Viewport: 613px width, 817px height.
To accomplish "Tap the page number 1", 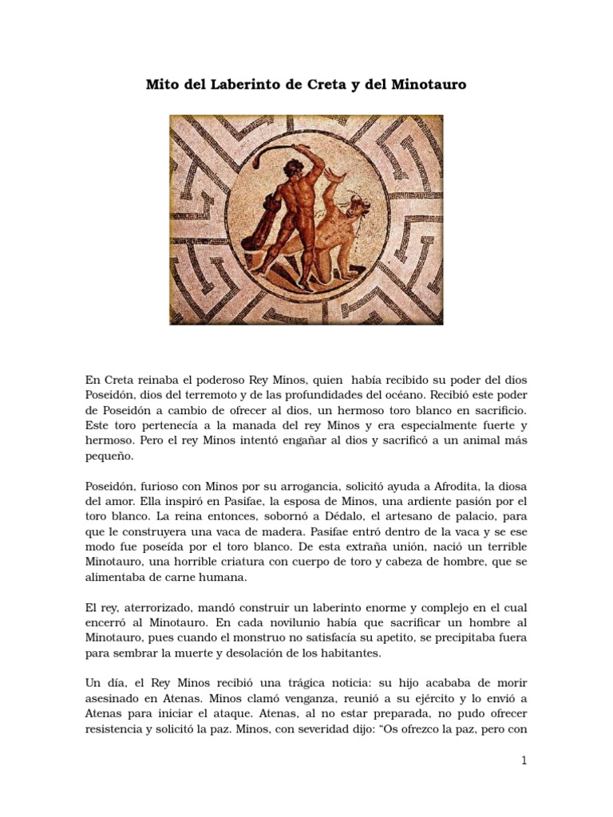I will (x=524, y=761).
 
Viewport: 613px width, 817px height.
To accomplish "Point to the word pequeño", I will (x=109, y=458).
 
